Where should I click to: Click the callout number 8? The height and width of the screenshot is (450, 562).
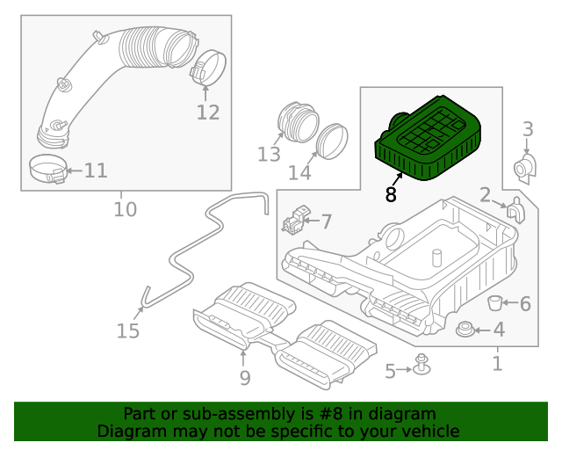point(391,195)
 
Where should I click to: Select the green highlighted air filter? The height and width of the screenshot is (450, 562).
point(430,139)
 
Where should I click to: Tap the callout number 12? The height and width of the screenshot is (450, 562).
point(207,112)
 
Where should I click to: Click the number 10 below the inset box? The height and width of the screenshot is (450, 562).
point(126,209)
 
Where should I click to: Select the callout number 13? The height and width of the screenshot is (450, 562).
point(269,155)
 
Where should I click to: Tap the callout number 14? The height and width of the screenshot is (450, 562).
point(300,172)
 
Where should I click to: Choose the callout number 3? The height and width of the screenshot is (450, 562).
point(528,130)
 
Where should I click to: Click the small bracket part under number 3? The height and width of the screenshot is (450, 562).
point(525,168)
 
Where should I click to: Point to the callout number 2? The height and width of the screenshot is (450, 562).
point(485,194)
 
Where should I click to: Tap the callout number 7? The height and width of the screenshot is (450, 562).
point(325,221)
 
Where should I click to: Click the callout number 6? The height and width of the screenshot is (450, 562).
point(525,304)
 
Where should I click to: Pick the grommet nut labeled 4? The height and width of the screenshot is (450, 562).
point(465,330)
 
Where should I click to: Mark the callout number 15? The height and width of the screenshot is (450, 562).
point(128,331)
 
